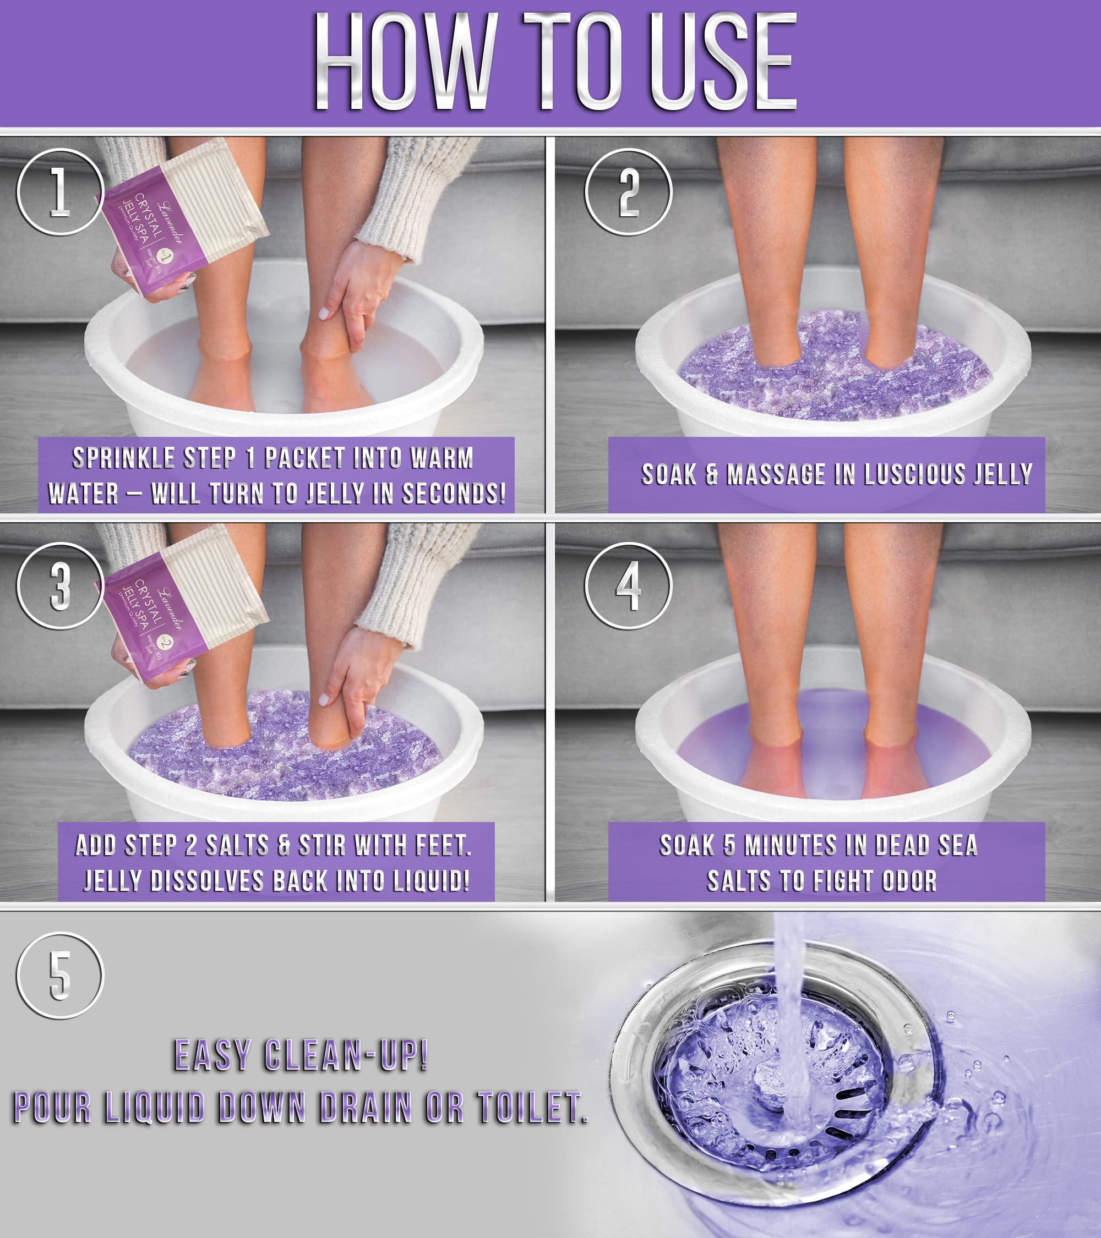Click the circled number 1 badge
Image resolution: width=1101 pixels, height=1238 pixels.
coord(59,192)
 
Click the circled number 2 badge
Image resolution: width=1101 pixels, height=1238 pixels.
coord(628,192)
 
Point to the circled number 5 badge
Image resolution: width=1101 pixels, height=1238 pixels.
coord(59,975)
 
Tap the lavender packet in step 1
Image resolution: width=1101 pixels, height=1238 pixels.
coord(182,218)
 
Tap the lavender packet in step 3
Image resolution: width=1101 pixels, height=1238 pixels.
coord(182,606)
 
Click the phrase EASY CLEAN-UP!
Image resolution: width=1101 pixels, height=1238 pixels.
coord(301,1055)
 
